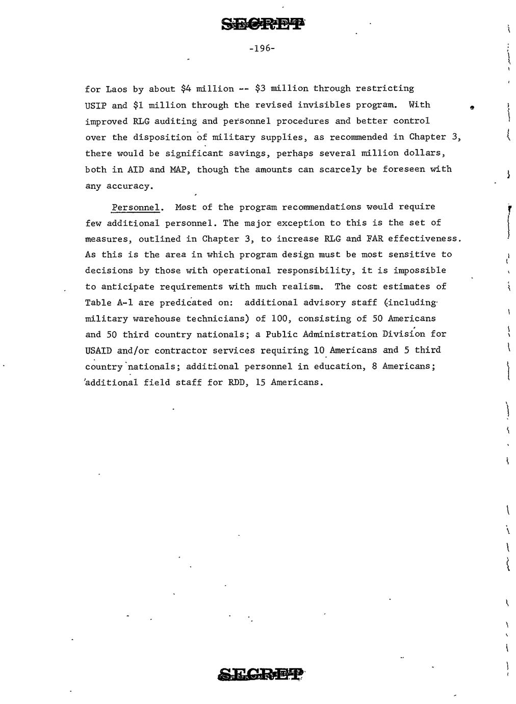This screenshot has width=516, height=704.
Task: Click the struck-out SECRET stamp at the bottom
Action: pos(261,674)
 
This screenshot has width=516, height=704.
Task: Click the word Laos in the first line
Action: pos(117,89)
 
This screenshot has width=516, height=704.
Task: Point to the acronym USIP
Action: pos(96,105)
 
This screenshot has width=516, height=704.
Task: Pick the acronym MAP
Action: pos(180,169)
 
